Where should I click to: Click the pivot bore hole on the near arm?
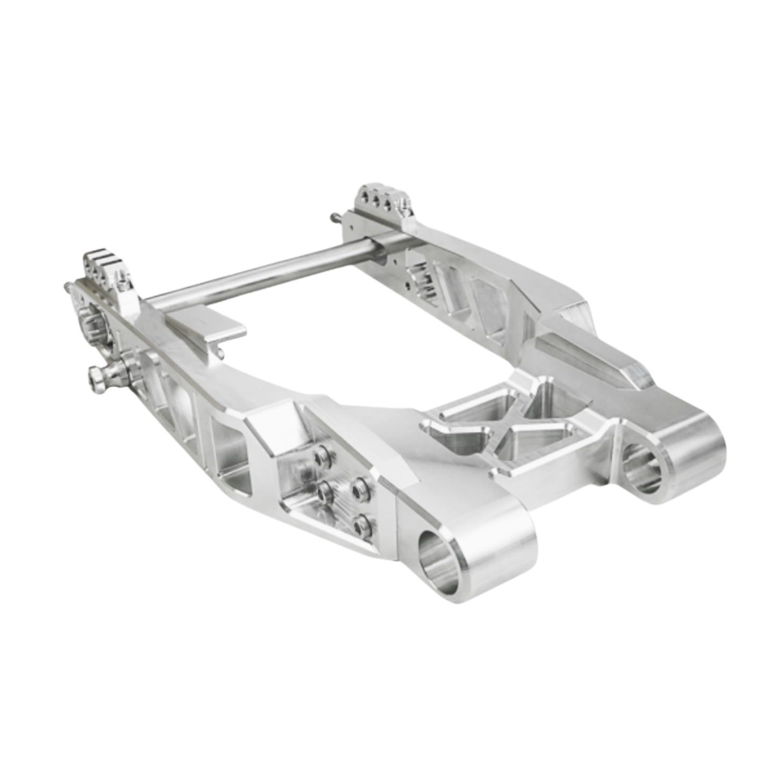click(438, 562)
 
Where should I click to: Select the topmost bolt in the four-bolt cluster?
click(322, 455)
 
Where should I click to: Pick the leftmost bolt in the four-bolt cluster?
click(324, 491)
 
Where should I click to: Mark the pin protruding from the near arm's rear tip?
click(67, 286)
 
